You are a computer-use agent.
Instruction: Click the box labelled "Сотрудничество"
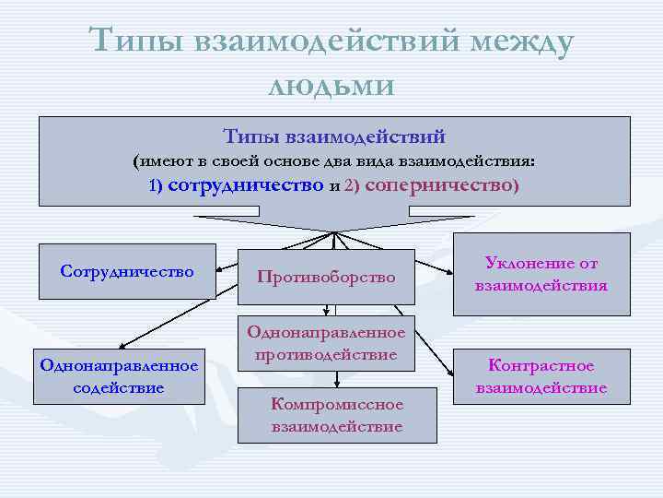[127, 271]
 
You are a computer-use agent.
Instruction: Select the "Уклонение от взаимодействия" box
[541, 275]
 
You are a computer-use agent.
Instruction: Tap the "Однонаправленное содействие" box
[119, 376]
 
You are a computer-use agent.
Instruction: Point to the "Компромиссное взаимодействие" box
[337, 415]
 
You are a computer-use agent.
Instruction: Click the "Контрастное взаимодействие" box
[541, 377]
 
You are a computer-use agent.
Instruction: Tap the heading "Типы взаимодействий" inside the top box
[334, 136]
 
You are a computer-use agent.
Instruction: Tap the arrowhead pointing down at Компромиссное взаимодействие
[336, 379]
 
